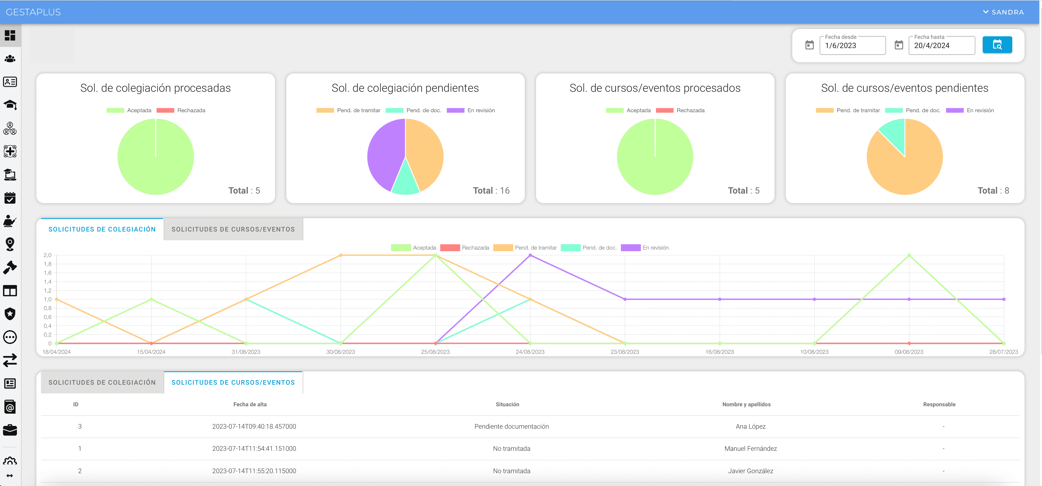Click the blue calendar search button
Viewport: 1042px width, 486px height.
[997, 45]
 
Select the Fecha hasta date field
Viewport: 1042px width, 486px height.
[941, 46]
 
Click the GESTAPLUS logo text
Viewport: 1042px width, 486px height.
[33, 12]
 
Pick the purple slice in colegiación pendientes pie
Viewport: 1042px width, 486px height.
[384, 154]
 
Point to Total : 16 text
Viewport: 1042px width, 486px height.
[491, 190]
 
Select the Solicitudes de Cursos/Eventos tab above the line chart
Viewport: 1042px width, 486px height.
[233, 229]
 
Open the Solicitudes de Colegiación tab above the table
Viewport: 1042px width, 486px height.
[102, 383]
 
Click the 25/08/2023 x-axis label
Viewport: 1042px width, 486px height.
[435, 352]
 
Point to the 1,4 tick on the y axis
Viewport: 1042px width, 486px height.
[48, 282]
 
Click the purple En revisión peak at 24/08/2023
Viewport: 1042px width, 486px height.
[530, 255]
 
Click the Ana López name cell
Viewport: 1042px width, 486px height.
[750, 426]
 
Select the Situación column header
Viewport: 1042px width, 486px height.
[507, 404]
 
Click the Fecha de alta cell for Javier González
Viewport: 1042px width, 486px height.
[254, 471]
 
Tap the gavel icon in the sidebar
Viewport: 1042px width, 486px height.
[10, 267]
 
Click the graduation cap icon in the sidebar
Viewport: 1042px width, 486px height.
[10, 105]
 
